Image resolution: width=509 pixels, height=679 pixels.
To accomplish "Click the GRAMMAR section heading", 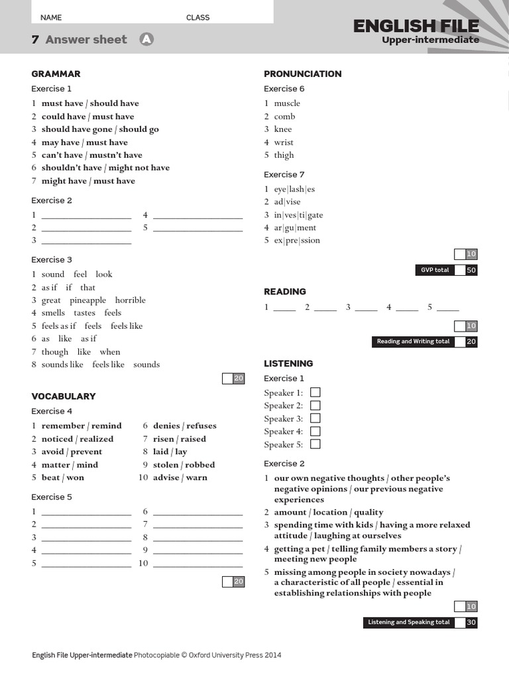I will pyautogui.click(x=56, y=74).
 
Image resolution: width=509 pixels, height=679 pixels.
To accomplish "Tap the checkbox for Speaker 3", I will pyautogui.click(x=315, y=418).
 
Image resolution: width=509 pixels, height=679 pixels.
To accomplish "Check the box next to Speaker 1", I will pyautogui.click(x=315, y=393).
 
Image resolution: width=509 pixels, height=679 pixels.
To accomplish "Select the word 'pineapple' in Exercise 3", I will pyautogui.click(x=87, y=300).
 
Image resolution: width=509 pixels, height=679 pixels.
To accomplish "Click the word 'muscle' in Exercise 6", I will pyautogui.click(x=287, y=103).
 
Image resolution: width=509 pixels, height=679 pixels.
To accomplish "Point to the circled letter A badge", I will pyautogui.click(x=146, y=39).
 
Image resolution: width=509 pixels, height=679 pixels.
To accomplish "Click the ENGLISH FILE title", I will pyautogui.click(x=416, y=26).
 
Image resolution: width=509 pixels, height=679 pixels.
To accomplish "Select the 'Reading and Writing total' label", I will pyautogui.click(x=413, y=341).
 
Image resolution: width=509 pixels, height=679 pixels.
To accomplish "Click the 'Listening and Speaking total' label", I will pyautogui.click(x=409, y=622).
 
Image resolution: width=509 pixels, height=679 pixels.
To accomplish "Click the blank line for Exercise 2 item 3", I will pyautogui.click(x=86, y=241).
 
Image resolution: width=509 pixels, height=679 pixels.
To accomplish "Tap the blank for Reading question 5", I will pyautogui.click(x=447, y=308).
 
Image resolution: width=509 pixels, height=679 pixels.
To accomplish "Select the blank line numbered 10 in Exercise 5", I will pyautogui.click(x=198, y=564).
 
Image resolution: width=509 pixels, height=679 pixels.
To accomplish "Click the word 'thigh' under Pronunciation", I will pyautogui.click(x=284, y=155).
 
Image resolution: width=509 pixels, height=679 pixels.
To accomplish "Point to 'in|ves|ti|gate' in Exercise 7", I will pyautogui.click(x=298, y=215).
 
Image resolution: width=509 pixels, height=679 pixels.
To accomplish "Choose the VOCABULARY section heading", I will pyautogui.click(x=64, y=396).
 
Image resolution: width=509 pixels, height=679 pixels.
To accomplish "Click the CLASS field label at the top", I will pyautogui.click(x=198, y=18).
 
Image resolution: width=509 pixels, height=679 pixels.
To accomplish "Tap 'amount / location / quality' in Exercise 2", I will pyautogui.click(x=329, y=513).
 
